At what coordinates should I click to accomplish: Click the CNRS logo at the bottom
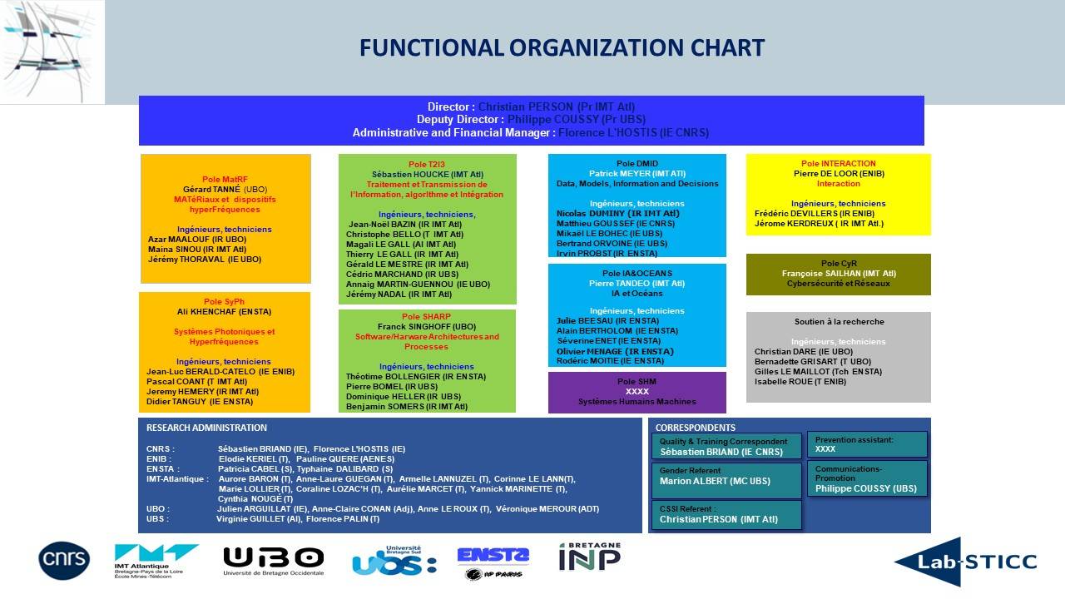click(64, 560)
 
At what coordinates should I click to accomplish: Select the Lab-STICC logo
click(965, 562)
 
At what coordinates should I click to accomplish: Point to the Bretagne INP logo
click(589, 557)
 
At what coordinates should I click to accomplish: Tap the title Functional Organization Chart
click(562, 48)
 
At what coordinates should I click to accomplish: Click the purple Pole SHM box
click(637, 392)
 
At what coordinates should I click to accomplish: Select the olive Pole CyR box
click(838, 274)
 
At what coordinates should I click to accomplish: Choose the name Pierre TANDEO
click(637, 284)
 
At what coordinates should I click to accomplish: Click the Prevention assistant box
click(866, 444)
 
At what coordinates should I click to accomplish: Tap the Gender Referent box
click(726, 480)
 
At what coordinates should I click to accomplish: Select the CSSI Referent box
click(726, 515)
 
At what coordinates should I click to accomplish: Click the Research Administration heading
click(206, 428)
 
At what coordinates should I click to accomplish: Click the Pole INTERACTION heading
click(838, 164)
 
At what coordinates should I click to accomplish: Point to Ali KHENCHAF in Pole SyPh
click(225, 312)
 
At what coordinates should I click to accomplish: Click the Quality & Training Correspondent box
click(726, 446)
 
